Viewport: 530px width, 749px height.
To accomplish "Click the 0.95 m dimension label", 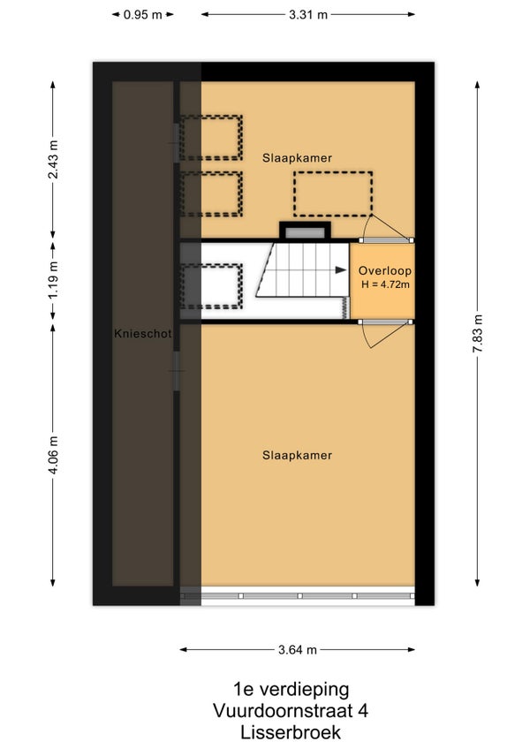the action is pyautogui.click(x=142, y=15).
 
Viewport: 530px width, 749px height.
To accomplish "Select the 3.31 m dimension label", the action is pyautogui.click(x=307, y=15).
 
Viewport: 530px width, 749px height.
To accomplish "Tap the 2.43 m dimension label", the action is pyautogui.click(x=53, y=160).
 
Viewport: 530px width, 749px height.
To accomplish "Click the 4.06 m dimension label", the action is pyautogui.click(x=53, y=455).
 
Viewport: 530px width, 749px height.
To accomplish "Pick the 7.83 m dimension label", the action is pyautogui.click(x=477, y=333).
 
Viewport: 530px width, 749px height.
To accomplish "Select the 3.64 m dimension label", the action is pyautogui.click(x=298, y=650).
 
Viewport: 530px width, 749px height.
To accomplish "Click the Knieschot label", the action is pyautogui.click(x=142, y=333).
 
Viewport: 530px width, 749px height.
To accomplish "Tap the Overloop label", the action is pyautogui.click(x=385, y=271).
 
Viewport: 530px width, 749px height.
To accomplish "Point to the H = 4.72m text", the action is pyautogui.click(x=385, y=284).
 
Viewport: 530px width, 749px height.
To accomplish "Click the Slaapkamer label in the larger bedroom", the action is pyautogui.click(x=297, y=455).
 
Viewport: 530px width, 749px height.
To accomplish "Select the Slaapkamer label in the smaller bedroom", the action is pyautogui.click(x=297, y=158).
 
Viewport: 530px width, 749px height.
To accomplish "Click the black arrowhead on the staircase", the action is pyautogui.click(x=341, y=270).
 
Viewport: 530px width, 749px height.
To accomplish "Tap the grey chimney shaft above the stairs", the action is pyautogui.click(x=305, y=233).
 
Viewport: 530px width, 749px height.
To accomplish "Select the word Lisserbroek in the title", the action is pyautogui.click(x=291, y=732).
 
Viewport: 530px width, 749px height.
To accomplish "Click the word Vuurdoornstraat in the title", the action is pyautogui.click(x=282, y=711).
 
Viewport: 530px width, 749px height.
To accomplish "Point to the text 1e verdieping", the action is pyautogui.click(x=291, y=689).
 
